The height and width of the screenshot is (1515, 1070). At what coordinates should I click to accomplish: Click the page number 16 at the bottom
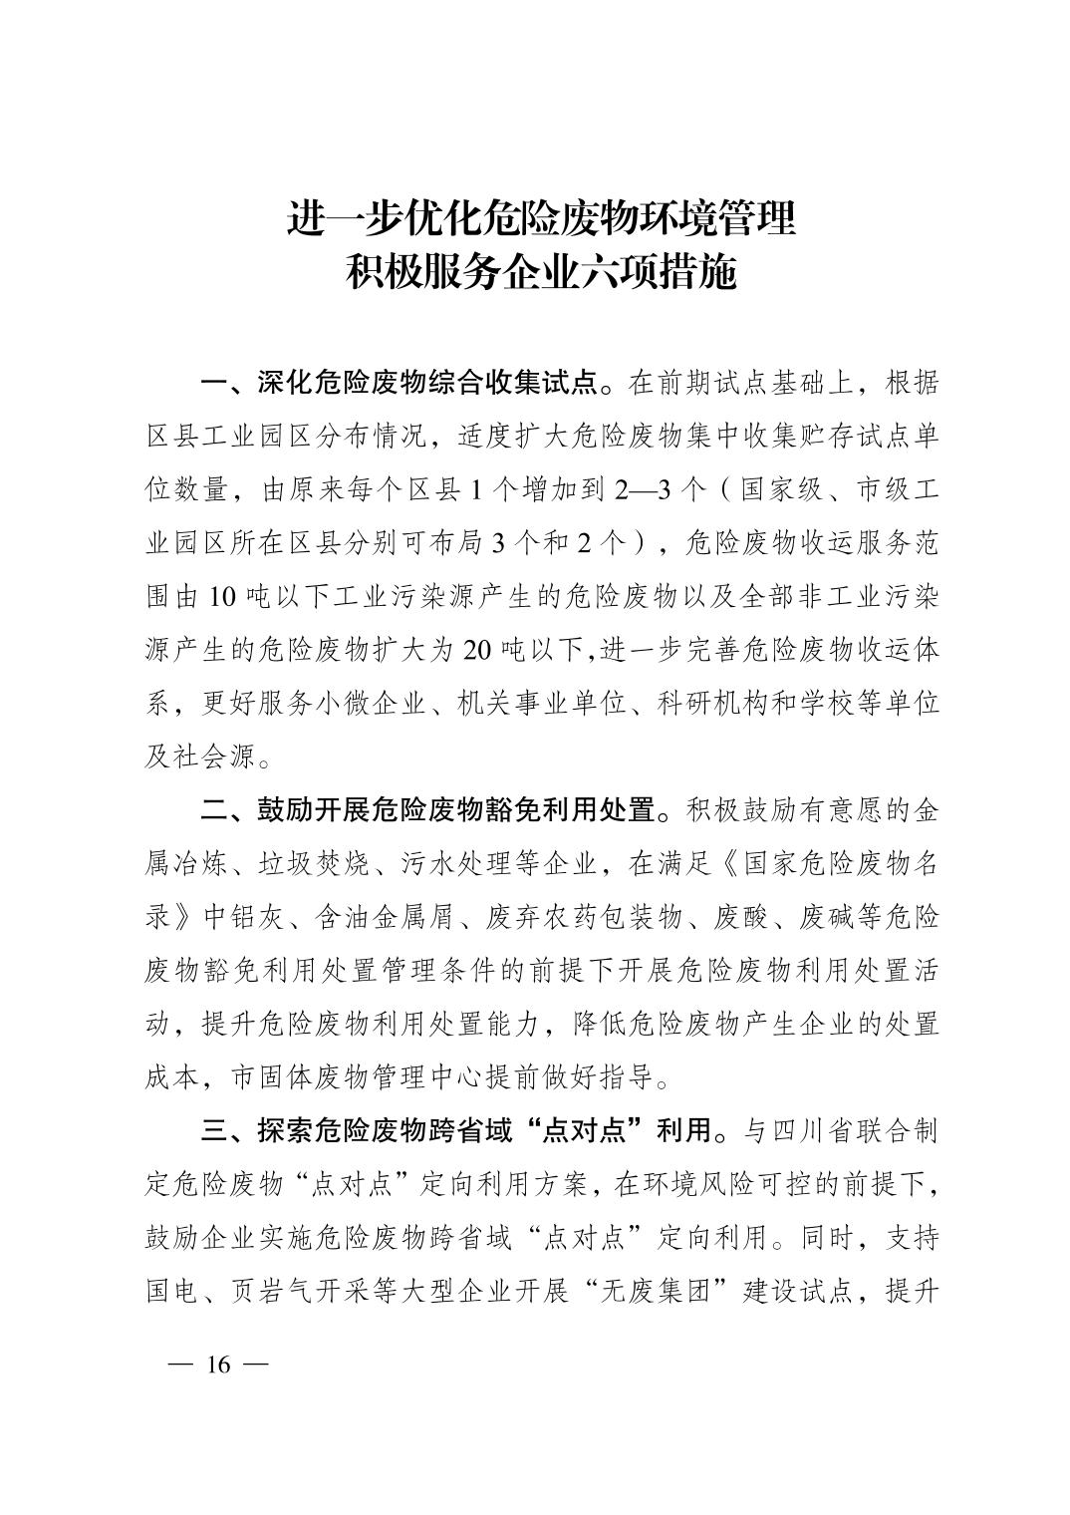pos(217,1364)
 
